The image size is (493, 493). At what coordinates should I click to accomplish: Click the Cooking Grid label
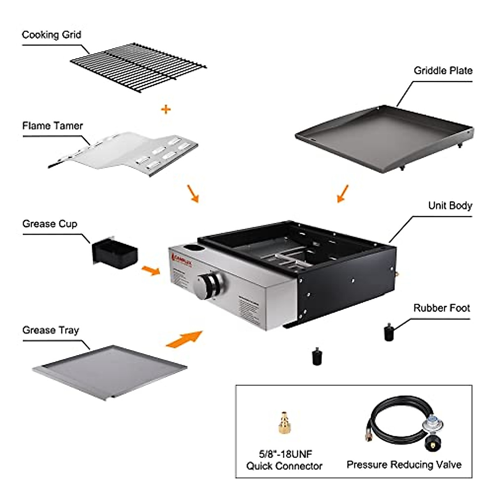(51, 35)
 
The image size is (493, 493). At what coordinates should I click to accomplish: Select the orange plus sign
(166, 109)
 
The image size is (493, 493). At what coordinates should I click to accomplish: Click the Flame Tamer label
(53, 126)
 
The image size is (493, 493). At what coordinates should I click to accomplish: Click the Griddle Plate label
(443, 71)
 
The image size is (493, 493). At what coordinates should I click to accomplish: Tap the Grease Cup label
(50, 224)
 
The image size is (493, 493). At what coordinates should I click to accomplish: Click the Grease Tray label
(51, 330)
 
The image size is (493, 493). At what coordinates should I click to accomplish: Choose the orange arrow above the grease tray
(184, 339)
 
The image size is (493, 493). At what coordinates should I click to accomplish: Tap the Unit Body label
(450, 205)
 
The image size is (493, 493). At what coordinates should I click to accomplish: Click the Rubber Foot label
(442, 308)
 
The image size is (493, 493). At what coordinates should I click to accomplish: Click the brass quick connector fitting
(283, 424)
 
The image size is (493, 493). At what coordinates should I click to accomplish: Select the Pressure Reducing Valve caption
(404, 465)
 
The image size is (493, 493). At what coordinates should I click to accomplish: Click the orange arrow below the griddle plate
(343, 193)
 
